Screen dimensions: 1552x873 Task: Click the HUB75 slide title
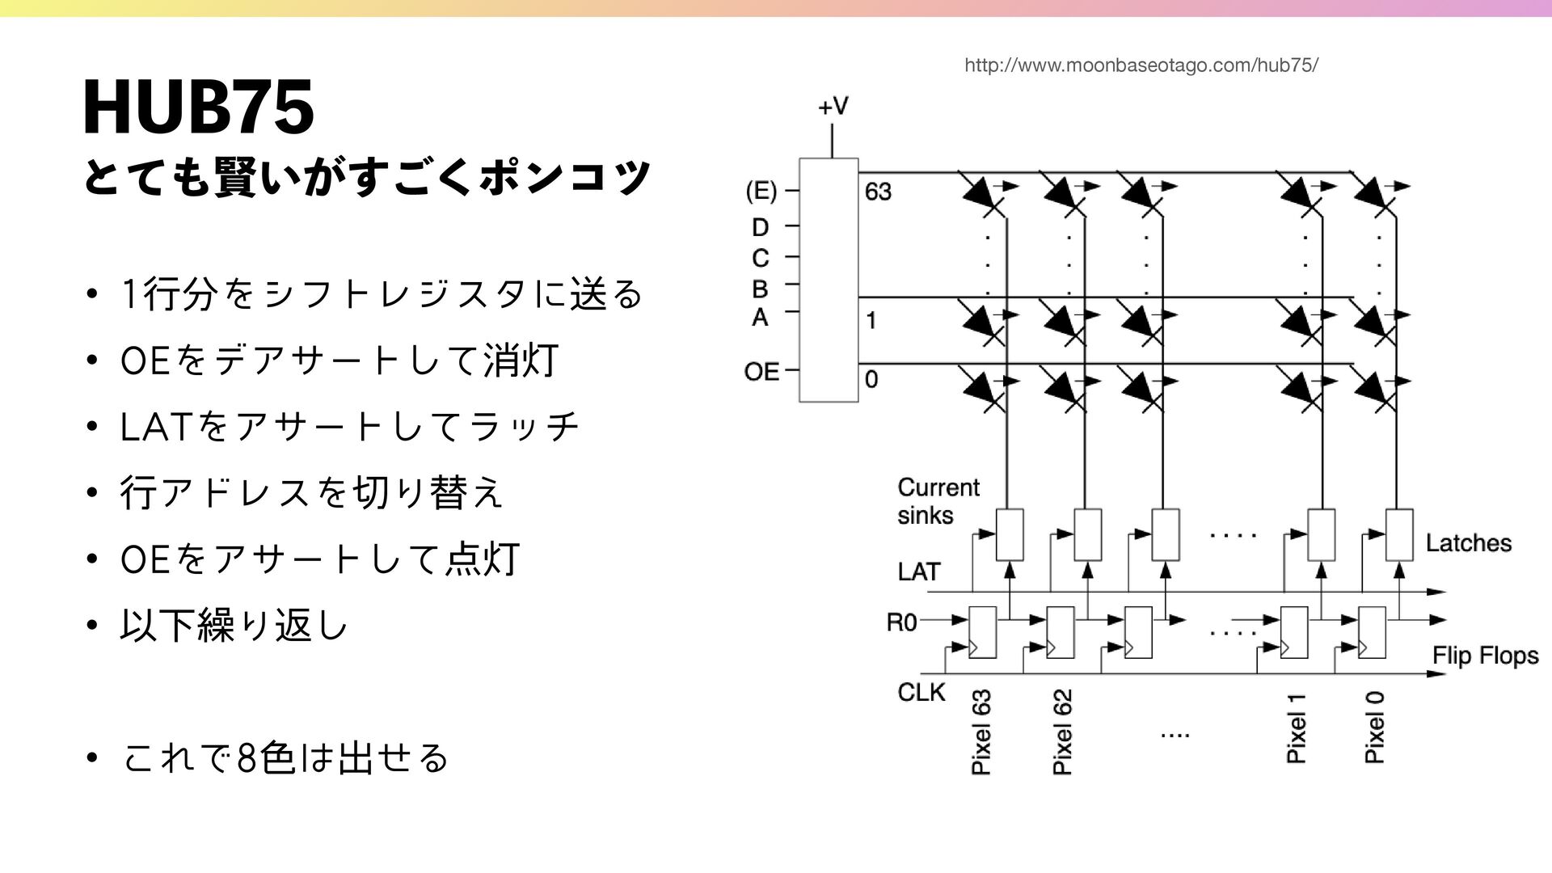click(198, 108)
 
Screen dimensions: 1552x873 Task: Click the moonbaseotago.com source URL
click(1141, 65)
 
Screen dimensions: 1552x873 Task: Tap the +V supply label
click(833, 108)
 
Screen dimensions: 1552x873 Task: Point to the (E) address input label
click(761, 192)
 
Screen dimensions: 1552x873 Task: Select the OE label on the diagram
click(761, 372)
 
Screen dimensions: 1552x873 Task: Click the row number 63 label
click(878, 192)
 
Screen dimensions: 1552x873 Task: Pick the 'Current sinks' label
click(938, 501)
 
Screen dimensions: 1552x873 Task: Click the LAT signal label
click(918, 572)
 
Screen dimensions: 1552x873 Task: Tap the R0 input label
click(902, 622)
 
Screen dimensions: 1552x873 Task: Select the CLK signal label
click(921, 692)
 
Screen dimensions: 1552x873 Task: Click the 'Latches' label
click(1468, 543)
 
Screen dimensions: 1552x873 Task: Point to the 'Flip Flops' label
click(1485, 655)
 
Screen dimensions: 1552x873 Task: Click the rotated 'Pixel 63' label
click(981, 732)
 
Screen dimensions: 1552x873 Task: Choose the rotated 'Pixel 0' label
click(1374, 727)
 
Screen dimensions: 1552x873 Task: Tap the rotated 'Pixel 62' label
click(1062, 732)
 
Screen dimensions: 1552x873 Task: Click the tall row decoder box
click(829, 280)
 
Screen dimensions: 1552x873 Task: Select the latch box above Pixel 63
click(1010, 534)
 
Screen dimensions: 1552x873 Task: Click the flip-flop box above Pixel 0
click(1372, 632)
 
